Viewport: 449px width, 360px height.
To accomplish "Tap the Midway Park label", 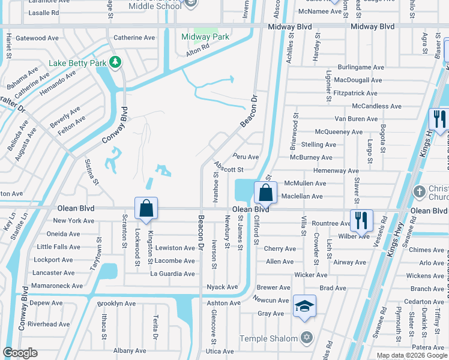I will pos(205,37).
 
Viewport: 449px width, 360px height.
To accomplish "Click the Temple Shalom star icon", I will pos(307,338).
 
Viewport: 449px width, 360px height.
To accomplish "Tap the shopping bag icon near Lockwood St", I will pos(146,209).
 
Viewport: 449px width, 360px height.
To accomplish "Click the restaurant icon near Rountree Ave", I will pos(361,220).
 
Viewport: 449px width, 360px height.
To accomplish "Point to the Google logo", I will pos(20,353).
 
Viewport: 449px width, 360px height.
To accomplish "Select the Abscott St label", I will pos(228,170).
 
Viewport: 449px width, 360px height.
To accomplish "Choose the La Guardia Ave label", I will pos(172,274).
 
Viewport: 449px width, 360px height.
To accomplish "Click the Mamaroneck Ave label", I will pos(58,286).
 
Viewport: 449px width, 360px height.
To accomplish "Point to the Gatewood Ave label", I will pos(37,38).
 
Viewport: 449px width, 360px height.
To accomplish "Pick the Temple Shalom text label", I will pos(269,338).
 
